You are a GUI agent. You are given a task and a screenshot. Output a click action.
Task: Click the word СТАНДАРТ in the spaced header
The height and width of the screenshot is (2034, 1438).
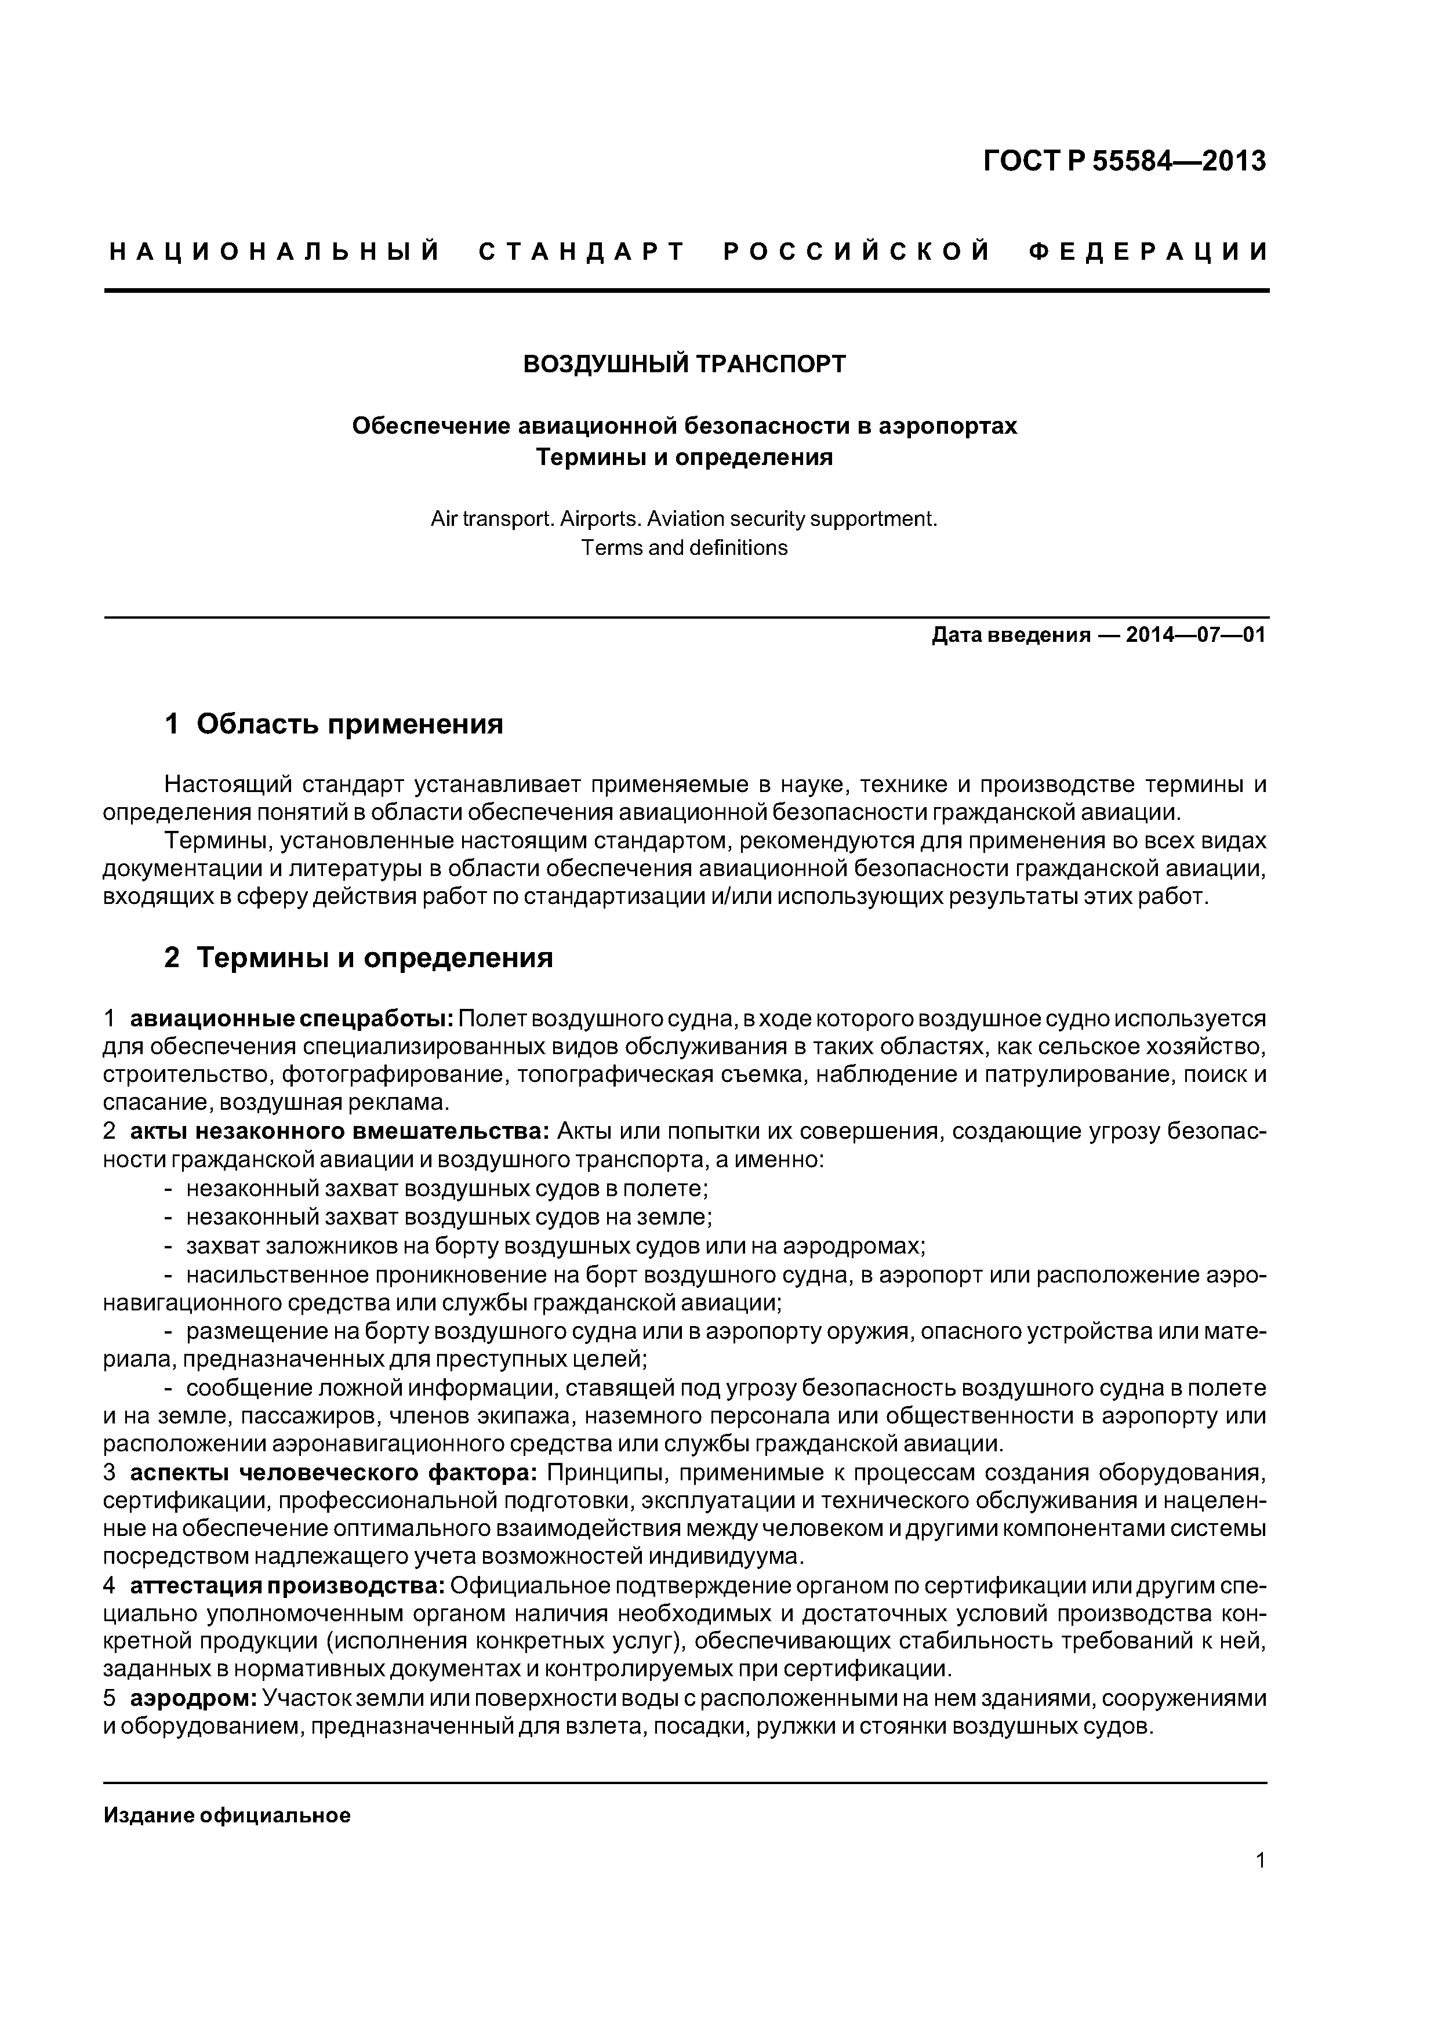pos(582,252)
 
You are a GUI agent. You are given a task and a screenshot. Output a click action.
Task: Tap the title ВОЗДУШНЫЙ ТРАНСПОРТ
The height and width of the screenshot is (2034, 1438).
pos(685,364)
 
